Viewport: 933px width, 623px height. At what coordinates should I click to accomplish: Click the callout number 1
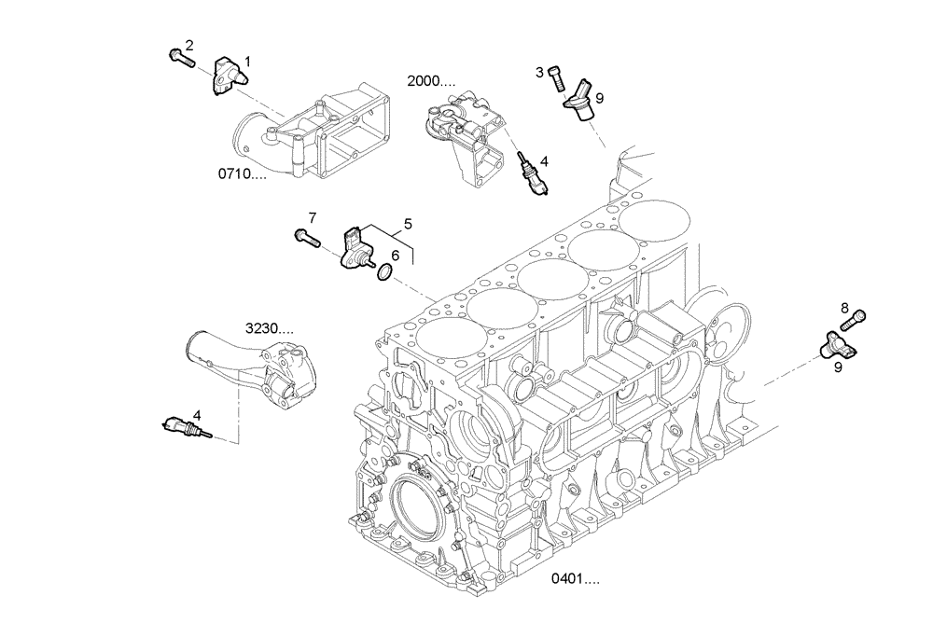coord(248,62)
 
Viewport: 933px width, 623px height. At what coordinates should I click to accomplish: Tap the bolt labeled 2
coord(180,59)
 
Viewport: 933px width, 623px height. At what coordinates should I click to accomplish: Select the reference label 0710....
coord(243,173)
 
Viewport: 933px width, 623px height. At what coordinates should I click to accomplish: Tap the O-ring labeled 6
coord(384,272)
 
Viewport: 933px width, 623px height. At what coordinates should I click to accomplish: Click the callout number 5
coord(408,224)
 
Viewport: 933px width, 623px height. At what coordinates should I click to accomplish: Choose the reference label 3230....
coord(270,328)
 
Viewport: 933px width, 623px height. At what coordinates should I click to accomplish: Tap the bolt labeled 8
coord(855,320)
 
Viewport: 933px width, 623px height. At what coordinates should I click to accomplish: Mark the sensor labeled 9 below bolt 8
coord(830,345)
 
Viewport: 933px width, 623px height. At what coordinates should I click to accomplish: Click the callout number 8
coord(844,307)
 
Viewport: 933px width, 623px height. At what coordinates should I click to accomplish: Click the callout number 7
coord(313,217)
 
